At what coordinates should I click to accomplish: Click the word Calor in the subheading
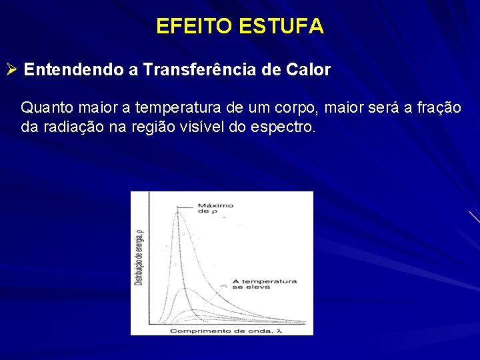click(x=309, y=70)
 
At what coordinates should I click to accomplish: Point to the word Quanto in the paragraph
click(x=44, y=107)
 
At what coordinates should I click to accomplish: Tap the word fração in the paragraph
click(x=438, y=107)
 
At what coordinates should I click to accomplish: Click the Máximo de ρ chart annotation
click(x=215, y=208)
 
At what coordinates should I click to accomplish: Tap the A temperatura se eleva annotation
click(x=263, y=285)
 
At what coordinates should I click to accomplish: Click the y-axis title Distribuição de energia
click(x=139, y=256)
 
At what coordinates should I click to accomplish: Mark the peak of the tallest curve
click(x=177, y=211)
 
